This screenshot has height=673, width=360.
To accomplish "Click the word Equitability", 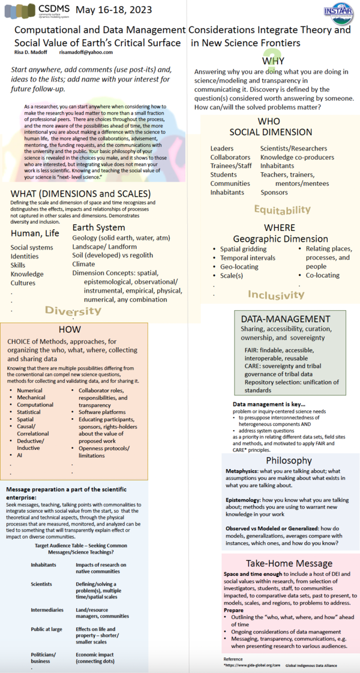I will [283, 209].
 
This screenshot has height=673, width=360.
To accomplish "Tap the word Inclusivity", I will [276, 295].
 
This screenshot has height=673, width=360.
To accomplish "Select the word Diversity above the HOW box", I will [73, 311].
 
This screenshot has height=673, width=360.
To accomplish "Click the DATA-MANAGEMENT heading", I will [286, 319].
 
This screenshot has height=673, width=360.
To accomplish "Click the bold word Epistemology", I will [239, 500].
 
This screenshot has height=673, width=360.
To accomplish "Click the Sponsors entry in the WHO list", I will [274, 193].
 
